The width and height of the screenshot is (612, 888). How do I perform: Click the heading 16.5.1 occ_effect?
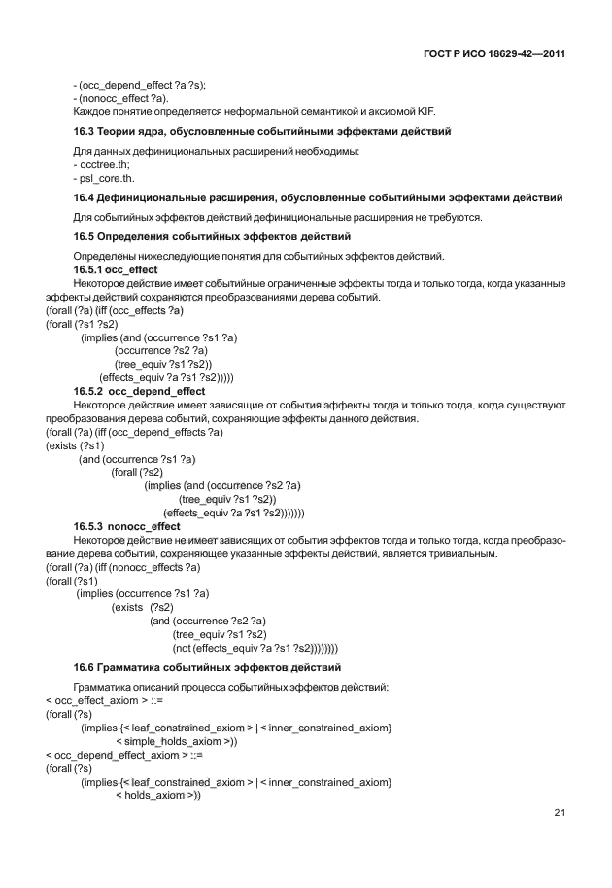117,268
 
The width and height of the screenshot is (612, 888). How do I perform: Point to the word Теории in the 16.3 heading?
124,131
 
